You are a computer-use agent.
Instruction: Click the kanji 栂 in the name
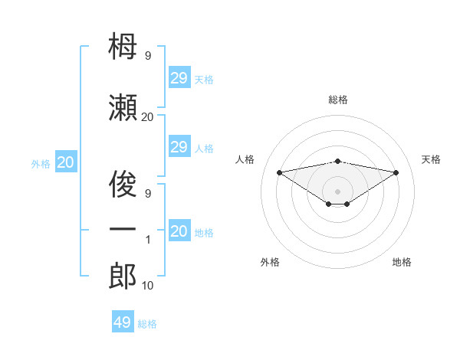123,46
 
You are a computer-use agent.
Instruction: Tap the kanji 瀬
123,107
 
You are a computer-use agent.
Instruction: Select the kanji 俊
123,184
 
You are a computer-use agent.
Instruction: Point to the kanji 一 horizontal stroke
123,229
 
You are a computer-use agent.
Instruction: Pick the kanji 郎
123,276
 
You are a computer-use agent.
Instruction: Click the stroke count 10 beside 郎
147,285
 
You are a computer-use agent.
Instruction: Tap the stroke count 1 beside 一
148,240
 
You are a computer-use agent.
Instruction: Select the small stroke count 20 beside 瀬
147,117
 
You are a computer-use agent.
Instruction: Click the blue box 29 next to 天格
179,77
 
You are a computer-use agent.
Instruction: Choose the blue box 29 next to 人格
179,146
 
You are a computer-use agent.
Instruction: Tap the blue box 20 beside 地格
179,230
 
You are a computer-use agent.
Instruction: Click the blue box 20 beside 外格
66,162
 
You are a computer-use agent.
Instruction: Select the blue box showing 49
123,321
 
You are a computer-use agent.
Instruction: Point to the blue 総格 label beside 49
147,324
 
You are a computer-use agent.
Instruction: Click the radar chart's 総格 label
338,100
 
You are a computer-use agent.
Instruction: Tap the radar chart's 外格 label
270,262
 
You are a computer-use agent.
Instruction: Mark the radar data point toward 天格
396,172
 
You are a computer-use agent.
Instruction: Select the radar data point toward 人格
279,172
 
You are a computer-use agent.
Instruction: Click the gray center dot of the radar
337,191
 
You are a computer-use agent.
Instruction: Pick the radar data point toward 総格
337,162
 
